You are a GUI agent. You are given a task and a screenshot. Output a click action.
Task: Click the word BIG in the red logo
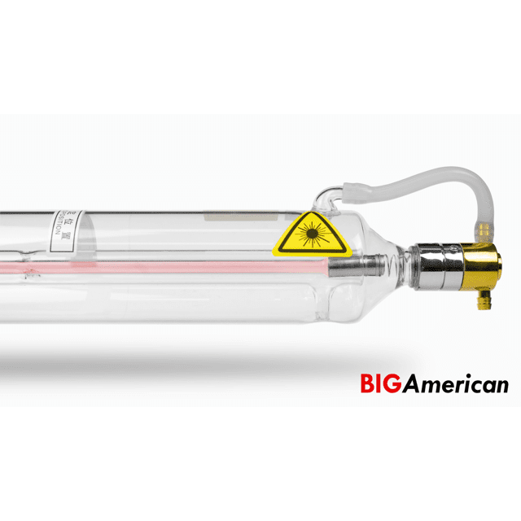(381, 383)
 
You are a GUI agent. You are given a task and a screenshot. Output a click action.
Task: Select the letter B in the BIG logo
(367, 383)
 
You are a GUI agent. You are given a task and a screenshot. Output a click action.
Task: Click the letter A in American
(411, 383)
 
